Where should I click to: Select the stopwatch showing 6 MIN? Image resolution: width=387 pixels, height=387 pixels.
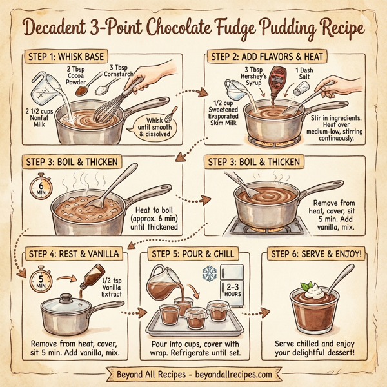coord(37,188)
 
